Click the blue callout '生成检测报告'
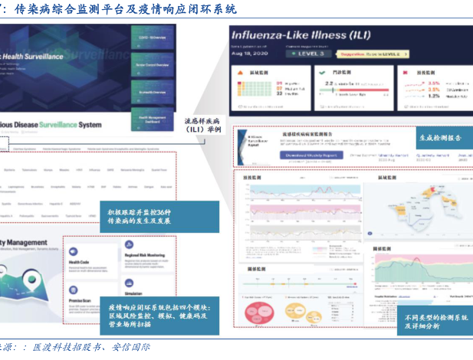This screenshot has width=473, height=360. (x=440, y=138)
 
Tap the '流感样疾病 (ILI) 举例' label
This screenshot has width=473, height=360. (x=203, y=125)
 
